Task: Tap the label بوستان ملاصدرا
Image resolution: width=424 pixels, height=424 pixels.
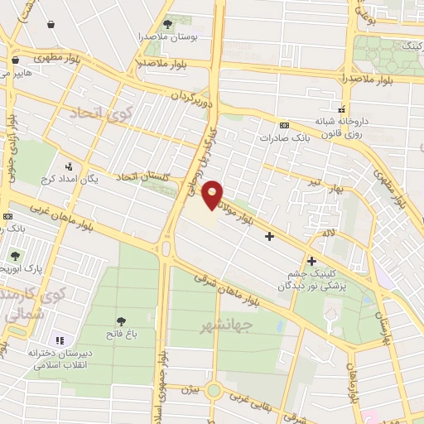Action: (x=169, y=37)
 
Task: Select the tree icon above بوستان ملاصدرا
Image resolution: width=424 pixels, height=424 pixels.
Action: (x=169, y=25)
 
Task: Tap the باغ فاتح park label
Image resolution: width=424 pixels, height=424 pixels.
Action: (x=122, y=335)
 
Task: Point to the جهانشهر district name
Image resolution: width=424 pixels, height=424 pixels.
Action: (x=225, y=325)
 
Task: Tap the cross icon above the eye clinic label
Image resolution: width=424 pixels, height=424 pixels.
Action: (x=311, y=261)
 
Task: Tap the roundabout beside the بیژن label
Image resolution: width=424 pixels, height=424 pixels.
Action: (x=214, y=389)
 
